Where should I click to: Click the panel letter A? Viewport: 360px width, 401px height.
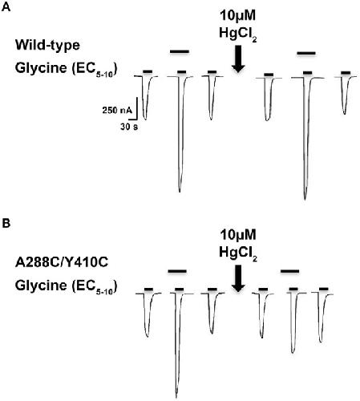click(x=6, y=6)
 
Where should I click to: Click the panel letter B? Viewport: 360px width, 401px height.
click(x=6, y=223)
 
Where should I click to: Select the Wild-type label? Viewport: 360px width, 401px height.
click(x=47, y=46)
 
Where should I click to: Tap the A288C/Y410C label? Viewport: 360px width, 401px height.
click(x=62, y=262)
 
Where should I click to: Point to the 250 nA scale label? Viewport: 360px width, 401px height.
click(x=117, y=110)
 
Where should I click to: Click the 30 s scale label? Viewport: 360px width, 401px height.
click(x=129, y=127)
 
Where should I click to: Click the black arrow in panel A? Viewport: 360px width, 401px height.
click(x=238, y=59)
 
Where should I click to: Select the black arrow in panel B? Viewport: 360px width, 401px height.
click(x=238, y=278)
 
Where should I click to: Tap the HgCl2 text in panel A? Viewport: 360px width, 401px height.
click(x=238, y=34)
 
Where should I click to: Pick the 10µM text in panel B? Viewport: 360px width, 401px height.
click(x=238, y=235)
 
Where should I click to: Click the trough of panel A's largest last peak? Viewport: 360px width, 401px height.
click(x=305, y=200)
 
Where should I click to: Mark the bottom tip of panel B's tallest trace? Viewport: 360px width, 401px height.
click(x=176, y=398)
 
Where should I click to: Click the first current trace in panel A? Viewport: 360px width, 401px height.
click(x=146, y=98)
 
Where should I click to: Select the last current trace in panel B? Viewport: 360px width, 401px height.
click(x=322, y=318)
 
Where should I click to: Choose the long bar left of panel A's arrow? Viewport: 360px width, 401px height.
click(x=180, y=51)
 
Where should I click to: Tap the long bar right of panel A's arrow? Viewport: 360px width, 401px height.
click(x=306, y=53)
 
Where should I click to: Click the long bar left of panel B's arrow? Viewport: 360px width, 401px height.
click(x=177, y=271)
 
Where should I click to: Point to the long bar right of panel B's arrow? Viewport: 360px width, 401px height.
click(x=290, y=271)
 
